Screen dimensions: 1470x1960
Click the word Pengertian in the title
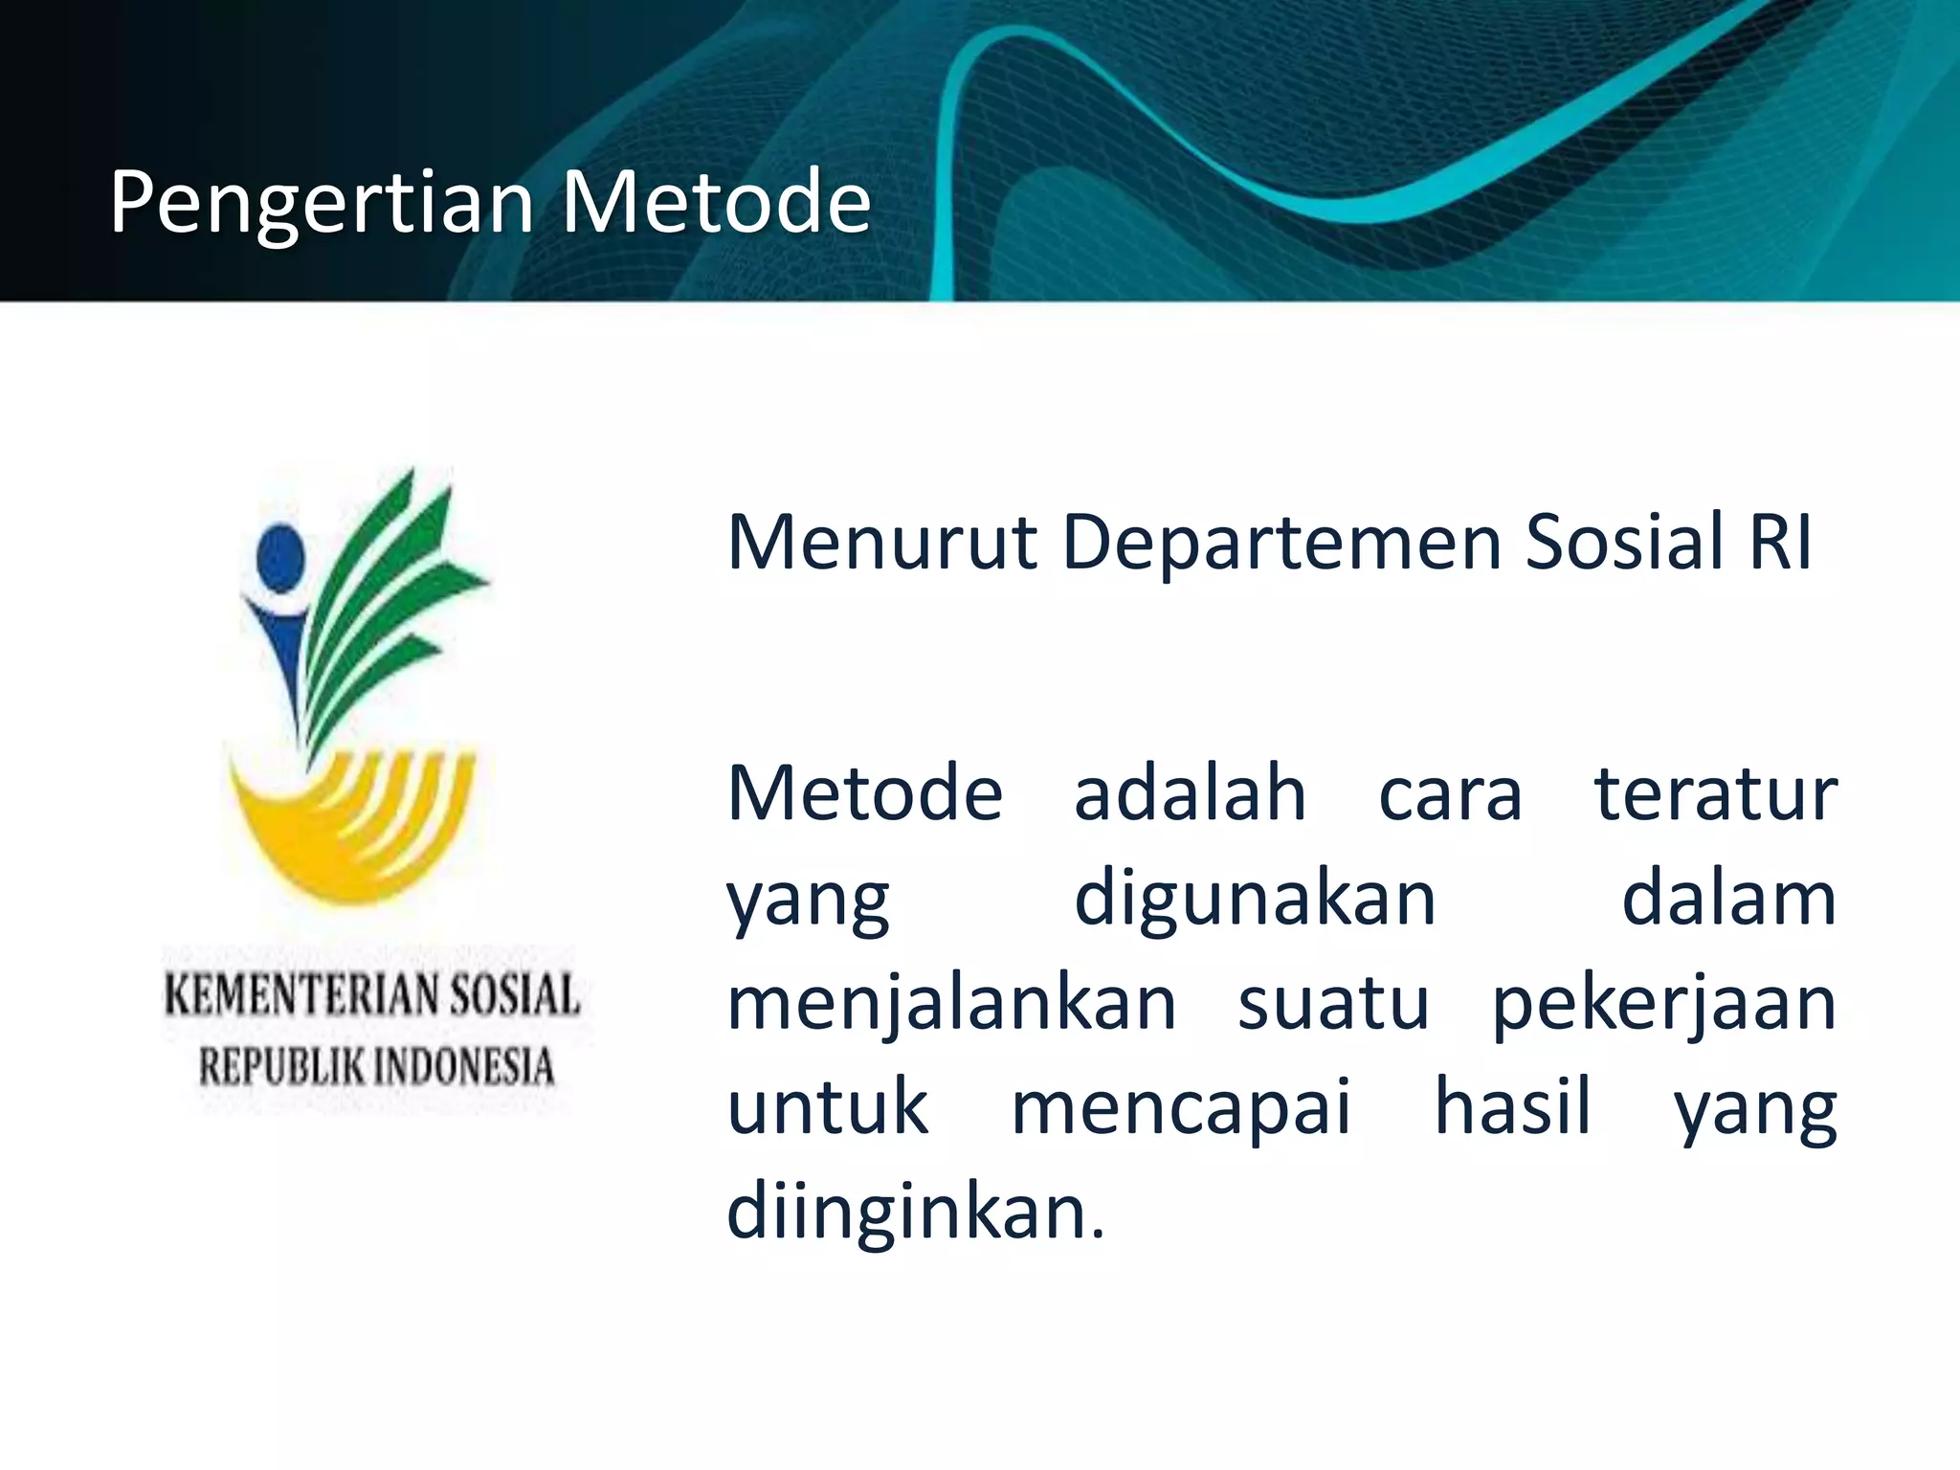click(x=322, y=203)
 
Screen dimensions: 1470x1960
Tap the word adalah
click(x=1190, y=793)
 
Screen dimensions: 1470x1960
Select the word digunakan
click(x=1255, y=899)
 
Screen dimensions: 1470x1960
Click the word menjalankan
click(x=951, y=1004)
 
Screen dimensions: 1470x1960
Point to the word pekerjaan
click(x=1664, y=1004)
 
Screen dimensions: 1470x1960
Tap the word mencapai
click(x=1181, y=1108)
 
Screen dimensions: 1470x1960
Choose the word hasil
click(x=1512, y=1106)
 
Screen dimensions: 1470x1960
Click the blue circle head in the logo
click(x=280, y=558)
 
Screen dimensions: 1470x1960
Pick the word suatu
click(x=1333, y=1004)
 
